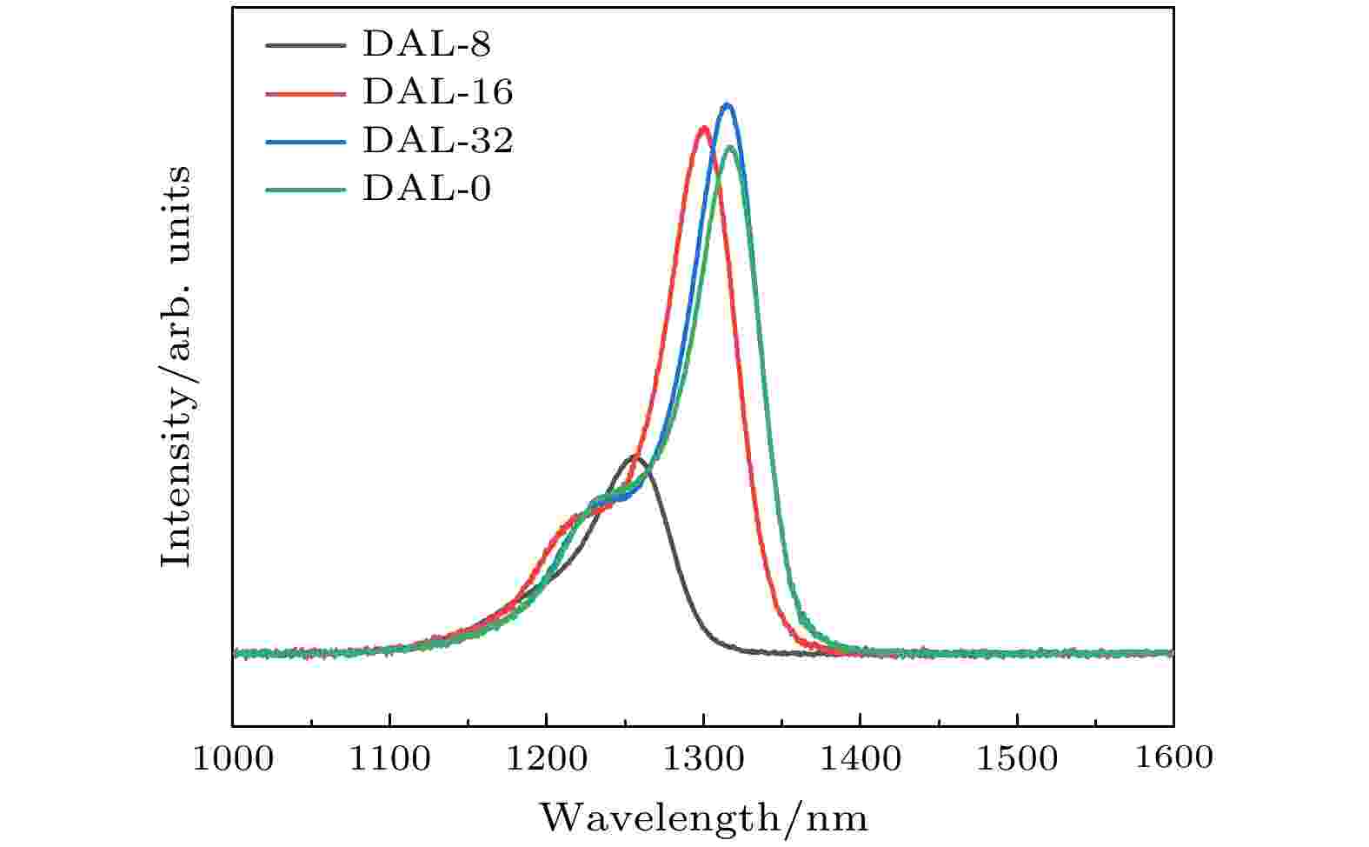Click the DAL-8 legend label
(426, 43)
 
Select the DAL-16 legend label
(437, 91)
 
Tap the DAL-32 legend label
(437, 140)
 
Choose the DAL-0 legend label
(426, 188)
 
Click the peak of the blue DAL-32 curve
(728, 105)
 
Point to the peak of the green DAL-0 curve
(730, 146)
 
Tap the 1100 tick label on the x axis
(389, 758)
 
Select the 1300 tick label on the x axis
(703, 758)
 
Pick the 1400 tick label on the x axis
(860, 758)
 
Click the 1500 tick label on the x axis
(1017, 758)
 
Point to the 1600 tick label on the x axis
(1173, 758)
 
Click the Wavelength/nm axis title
(703, 818)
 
